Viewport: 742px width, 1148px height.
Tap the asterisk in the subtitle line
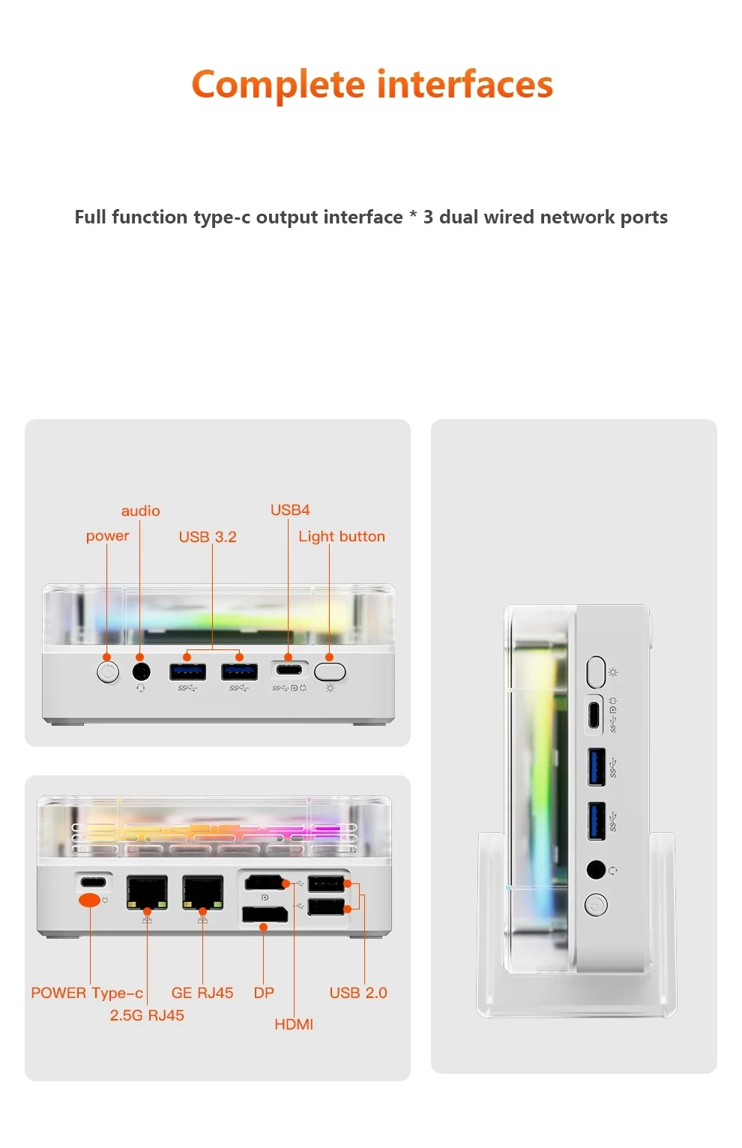point(412,217)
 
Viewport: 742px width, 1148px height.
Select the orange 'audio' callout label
point(140,511)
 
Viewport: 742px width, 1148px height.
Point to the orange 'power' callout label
point(107,536)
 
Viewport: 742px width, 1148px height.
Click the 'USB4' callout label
point(289,510)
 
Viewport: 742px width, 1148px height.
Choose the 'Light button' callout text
point(341,537)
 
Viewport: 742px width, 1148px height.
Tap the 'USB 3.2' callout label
point(207,537)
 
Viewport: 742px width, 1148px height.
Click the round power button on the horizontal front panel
point(108,671)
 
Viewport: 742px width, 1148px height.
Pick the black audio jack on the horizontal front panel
point(140,671)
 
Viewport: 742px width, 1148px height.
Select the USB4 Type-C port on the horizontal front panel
point(289,669)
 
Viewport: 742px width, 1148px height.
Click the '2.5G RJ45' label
point(147,1015)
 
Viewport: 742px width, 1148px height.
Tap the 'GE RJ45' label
point(202,993)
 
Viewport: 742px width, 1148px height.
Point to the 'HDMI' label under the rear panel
point(293,1024)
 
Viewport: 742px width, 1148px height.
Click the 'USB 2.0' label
point(358,993)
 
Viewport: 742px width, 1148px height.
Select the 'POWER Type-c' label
point(87,993)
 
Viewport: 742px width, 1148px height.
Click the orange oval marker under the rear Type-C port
point(89,900)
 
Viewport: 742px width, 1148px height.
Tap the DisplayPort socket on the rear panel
point(264,915)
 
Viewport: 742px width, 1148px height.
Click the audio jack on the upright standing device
point(596,870)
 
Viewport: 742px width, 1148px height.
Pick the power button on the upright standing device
point(596,905)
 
